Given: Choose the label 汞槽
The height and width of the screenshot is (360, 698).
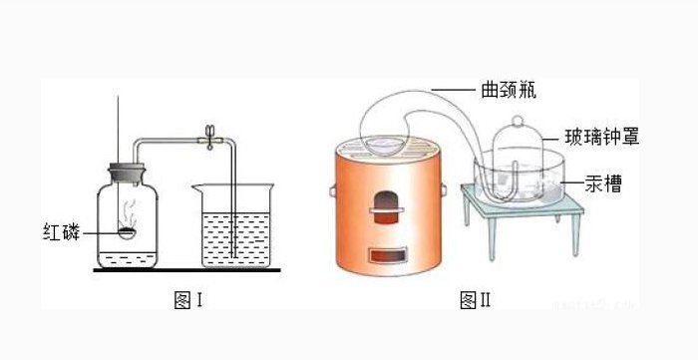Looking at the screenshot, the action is [x=601, y=183].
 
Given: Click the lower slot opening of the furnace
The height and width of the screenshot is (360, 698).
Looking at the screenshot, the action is [x=385, y=258].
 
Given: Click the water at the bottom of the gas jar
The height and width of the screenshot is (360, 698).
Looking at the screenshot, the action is [x=125, y=259].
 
